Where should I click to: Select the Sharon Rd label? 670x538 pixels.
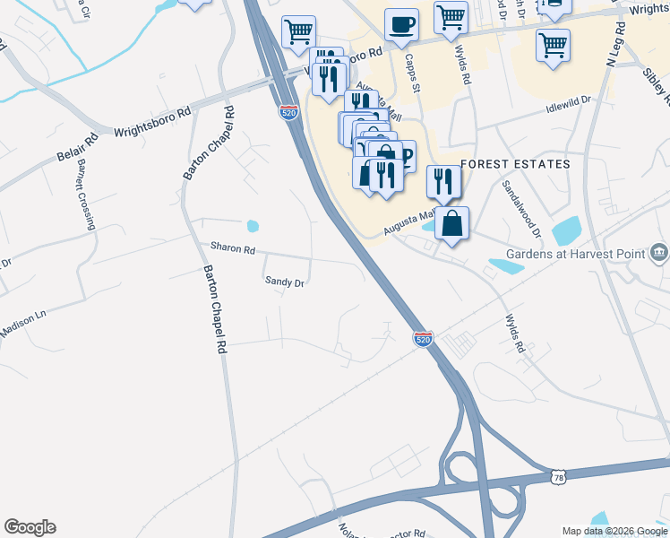click(233, 247)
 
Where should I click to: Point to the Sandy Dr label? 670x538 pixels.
click(286, 282)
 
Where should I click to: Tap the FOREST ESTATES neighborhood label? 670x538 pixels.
click(515, 164)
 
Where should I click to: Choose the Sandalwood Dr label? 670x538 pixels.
click(521, 208)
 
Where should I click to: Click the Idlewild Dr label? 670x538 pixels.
click(570, 107)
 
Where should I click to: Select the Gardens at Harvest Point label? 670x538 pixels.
click(576, 254)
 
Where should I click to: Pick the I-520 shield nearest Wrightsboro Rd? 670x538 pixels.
click(282, 113)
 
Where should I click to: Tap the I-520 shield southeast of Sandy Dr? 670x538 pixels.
click(424, 339)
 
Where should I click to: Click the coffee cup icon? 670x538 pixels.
click(401, 24)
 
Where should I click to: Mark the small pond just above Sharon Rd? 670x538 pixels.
click(253, 226)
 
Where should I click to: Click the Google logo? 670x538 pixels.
click(30, 527)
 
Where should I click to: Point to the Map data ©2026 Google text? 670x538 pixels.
click(614, 531)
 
